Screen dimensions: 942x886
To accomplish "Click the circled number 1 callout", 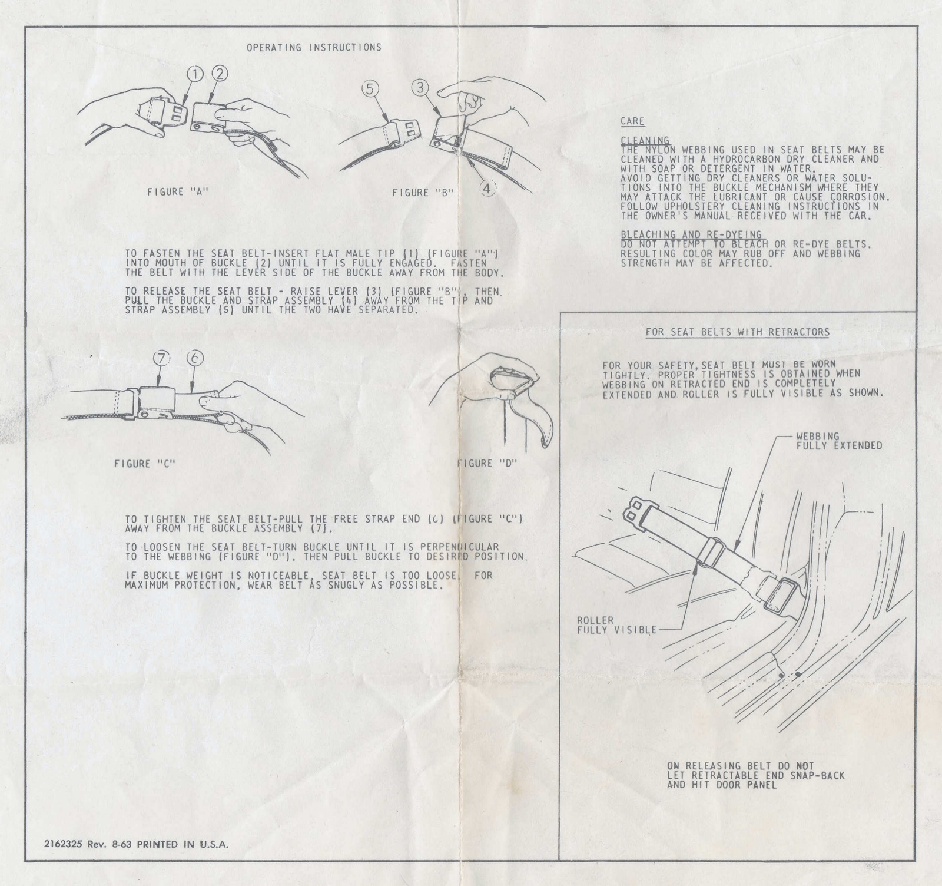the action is pos(196,73).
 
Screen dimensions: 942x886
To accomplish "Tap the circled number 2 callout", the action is pos(218,73).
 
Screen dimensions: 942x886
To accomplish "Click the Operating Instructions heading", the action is pos(314,47).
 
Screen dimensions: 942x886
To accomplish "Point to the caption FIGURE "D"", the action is pos(487,463).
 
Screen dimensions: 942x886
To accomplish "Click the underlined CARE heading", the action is pos(632,122).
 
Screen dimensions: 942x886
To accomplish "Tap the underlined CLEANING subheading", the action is pos(645,141).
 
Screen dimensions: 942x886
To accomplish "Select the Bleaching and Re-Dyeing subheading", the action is pos(691,234).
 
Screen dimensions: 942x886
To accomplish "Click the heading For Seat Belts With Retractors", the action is pos(738,332).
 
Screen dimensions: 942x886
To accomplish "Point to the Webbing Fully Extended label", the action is pos(839,441).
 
